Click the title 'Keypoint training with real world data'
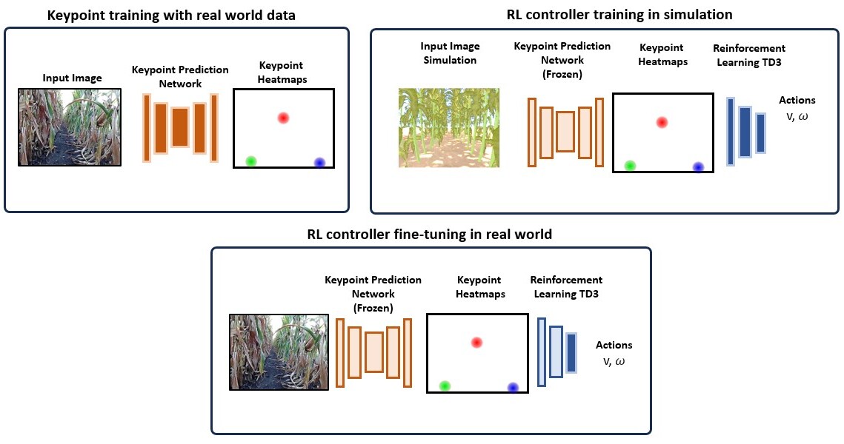171,15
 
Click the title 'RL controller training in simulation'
619,15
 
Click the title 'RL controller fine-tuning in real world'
430,235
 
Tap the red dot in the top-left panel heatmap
283,118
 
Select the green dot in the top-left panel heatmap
251,161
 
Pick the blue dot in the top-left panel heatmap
319,162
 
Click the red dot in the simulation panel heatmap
662,122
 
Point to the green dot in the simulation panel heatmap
630,165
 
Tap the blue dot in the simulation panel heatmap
698,166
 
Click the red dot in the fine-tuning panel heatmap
476,343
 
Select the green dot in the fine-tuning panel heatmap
444,386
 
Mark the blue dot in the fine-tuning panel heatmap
513,387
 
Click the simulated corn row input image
449,128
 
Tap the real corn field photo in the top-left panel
70,127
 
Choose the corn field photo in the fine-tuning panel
279,352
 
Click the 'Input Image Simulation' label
450,53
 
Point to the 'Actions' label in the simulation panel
797,100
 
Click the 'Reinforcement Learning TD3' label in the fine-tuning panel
566,286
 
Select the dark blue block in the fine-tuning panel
571,353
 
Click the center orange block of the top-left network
180,127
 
